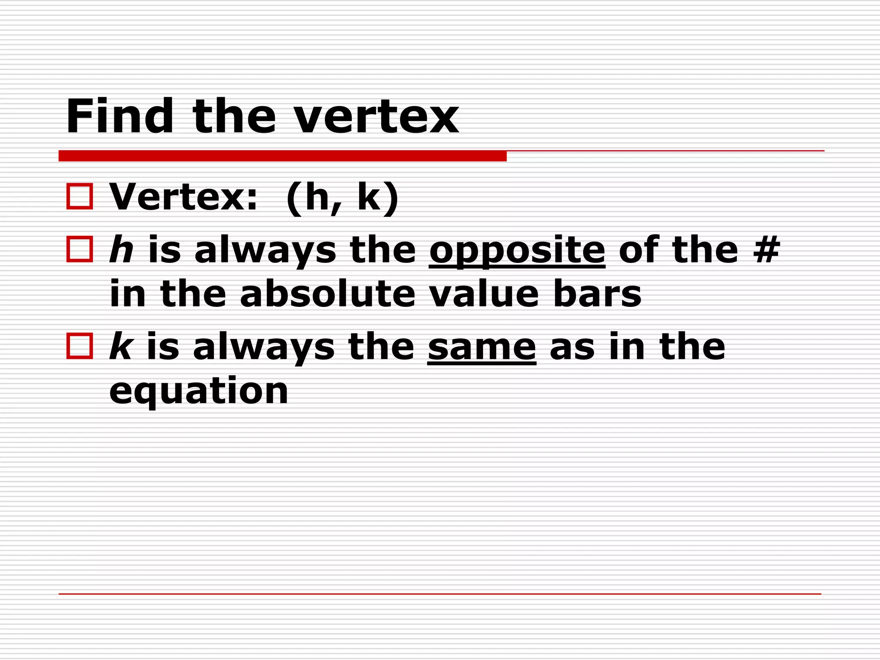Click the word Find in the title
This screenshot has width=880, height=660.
click(119, 116)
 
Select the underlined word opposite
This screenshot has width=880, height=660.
click(517, 251)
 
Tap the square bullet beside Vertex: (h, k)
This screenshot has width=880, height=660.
click(79, 196)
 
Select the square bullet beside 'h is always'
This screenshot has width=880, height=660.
click(79, 249)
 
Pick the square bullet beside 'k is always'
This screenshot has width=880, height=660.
click(79, 346)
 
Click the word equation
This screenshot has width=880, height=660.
click(199, 392)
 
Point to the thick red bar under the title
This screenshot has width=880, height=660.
click(282, 156)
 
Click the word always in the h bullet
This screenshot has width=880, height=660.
click(265, 251)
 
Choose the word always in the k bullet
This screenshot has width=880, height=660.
click(263, 348)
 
